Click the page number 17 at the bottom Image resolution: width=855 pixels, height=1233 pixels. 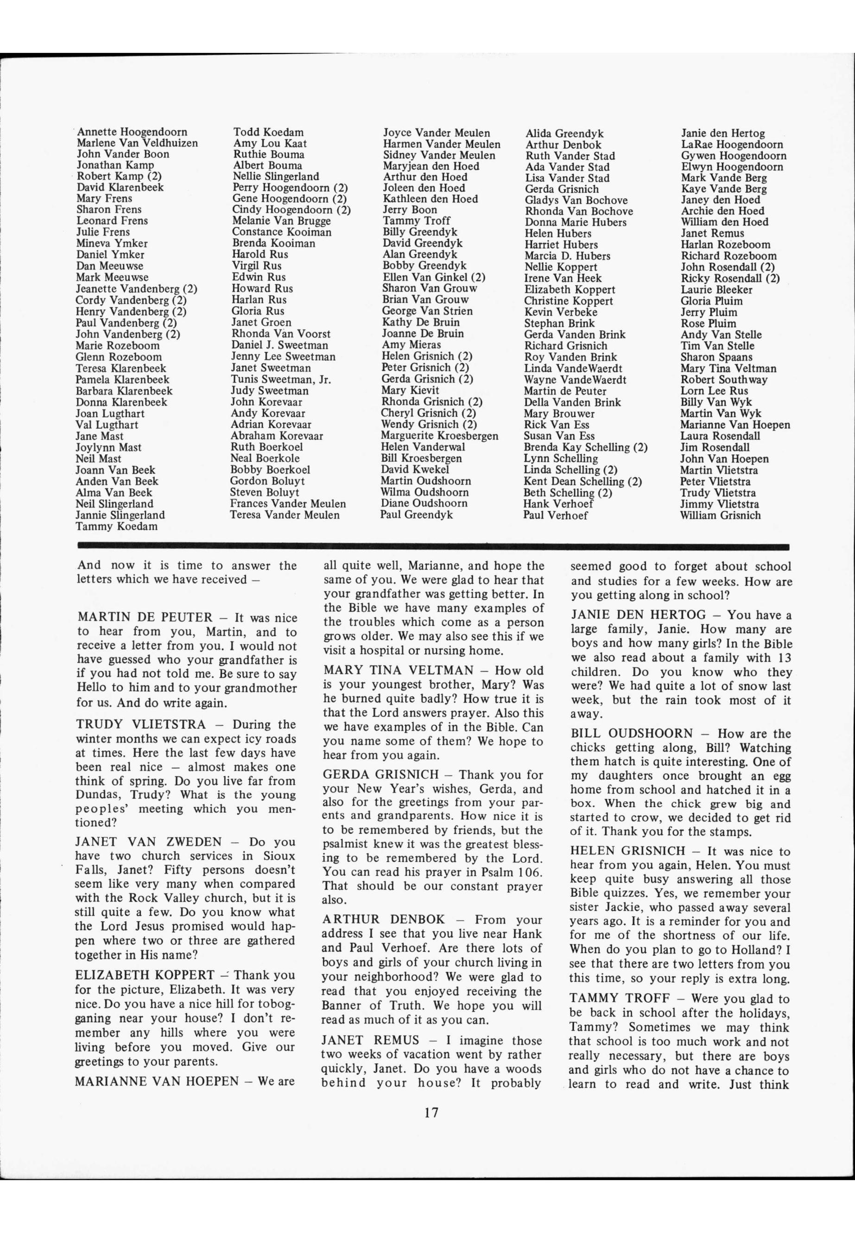click(431, 1112)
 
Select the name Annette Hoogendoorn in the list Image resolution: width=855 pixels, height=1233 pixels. click(133, 132)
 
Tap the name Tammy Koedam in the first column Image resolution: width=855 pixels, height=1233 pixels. click(117, 526)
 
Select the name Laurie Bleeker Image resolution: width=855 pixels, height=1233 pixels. click(716, 289)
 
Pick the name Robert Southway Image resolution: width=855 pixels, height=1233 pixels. click(724, 379)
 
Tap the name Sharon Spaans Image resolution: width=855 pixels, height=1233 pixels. click(716, 357)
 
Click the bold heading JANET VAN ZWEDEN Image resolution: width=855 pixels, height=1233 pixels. click(148, 842)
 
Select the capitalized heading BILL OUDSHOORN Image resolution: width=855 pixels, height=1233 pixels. click(632, 734)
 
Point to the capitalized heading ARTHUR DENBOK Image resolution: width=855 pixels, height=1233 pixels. click(384, 920)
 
